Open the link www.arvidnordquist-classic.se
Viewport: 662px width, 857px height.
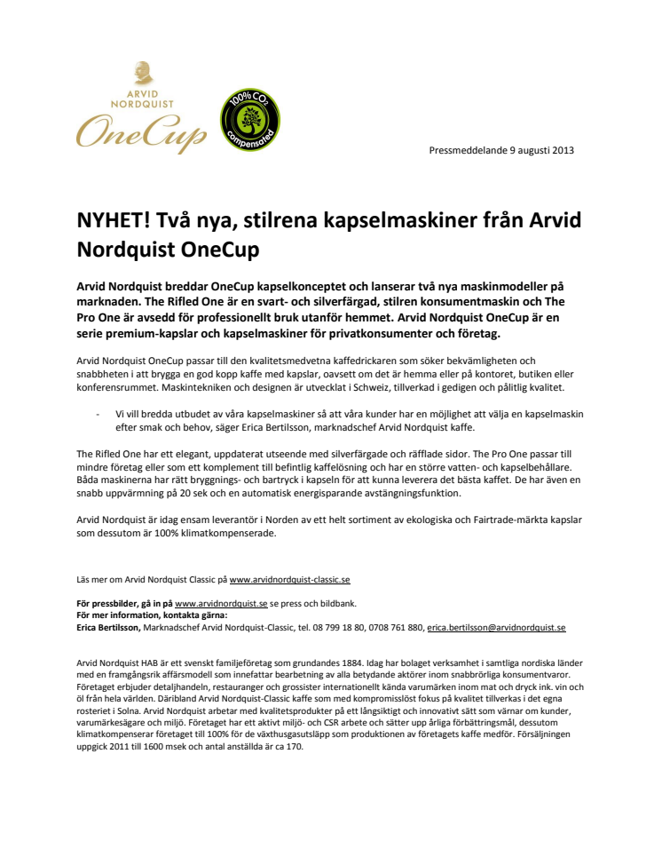click(289, 579)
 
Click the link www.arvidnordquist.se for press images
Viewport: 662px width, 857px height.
click(221, 602)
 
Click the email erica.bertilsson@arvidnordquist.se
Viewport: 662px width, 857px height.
click(496, 627)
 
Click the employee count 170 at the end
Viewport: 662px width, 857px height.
click(294, 746)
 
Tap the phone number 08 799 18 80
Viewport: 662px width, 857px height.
click(325, 627)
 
